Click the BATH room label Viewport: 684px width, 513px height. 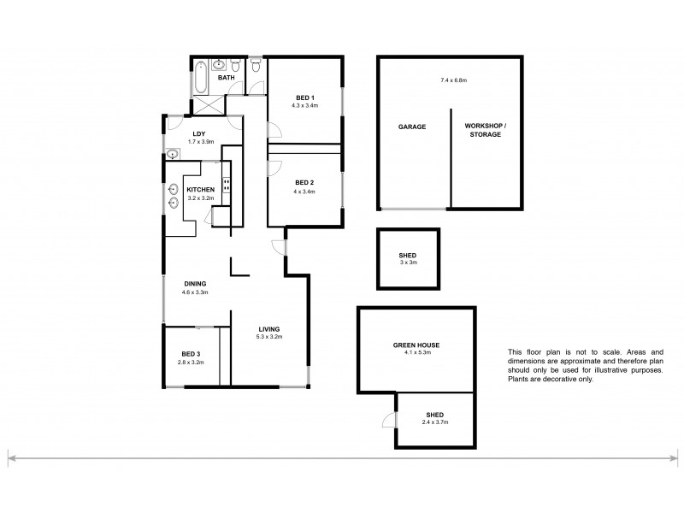tap(226, 79)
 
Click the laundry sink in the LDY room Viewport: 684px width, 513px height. tap(173, 154)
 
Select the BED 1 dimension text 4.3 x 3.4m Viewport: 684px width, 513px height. tap(305, 106)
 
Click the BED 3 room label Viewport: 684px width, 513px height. tap(192, 354)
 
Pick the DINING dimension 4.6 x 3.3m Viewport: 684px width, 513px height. tap(195, 292)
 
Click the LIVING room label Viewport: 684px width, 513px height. tap(268, 329)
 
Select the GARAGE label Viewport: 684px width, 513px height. tap(411, 127)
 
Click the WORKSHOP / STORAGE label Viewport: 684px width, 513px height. tap(485, 130)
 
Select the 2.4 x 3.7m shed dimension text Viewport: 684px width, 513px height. tap(433, 421)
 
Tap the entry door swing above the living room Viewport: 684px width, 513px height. tap(279, 247)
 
